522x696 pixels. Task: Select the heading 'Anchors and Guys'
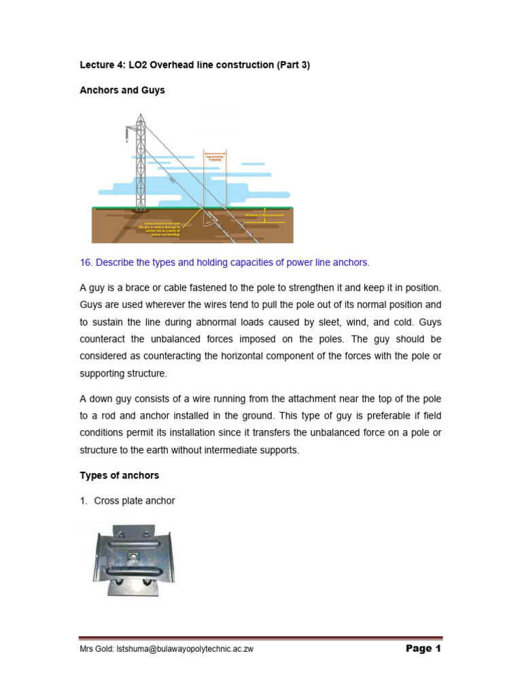point(122,90)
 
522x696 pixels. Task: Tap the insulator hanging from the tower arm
point(126,135)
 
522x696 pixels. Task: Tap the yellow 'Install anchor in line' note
point(164,227)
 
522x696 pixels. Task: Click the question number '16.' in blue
point(87,263)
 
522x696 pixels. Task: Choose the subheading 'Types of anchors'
point(120,474)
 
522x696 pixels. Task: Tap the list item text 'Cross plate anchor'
point(135,501)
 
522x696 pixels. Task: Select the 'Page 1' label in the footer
point(423,648)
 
